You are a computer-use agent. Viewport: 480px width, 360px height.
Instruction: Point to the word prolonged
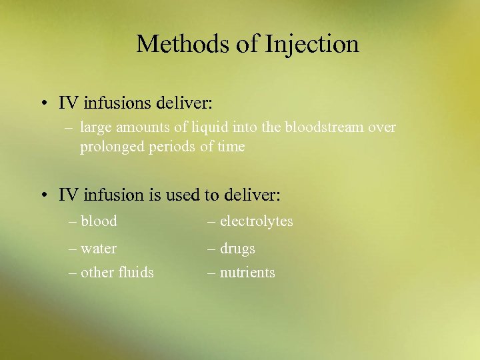tap(109, 147)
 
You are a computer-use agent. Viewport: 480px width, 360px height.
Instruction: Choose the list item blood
tap(99, 221)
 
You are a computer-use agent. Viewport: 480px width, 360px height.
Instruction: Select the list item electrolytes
tap(257, 221)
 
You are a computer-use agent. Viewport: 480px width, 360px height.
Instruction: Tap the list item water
tap(99, 249)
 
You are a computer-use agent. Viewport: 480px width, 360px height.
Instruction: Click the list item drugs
tap(238, 249)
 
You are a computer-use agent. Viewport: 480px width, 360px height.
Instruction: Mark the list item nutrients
tap(247, 272)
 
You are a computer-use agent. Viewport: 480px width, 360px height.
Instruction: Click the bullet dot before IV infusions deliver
tap(42, 104)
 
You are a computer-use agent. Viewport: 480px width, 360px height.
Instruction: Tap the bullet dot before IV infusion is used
tap(42, 195)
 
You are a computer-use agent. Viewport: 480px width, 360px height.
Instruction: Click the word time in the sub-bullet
tap(231, 147)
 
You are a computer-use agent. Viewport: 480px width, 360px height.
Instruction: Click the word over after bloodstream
tap(383, 127)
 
